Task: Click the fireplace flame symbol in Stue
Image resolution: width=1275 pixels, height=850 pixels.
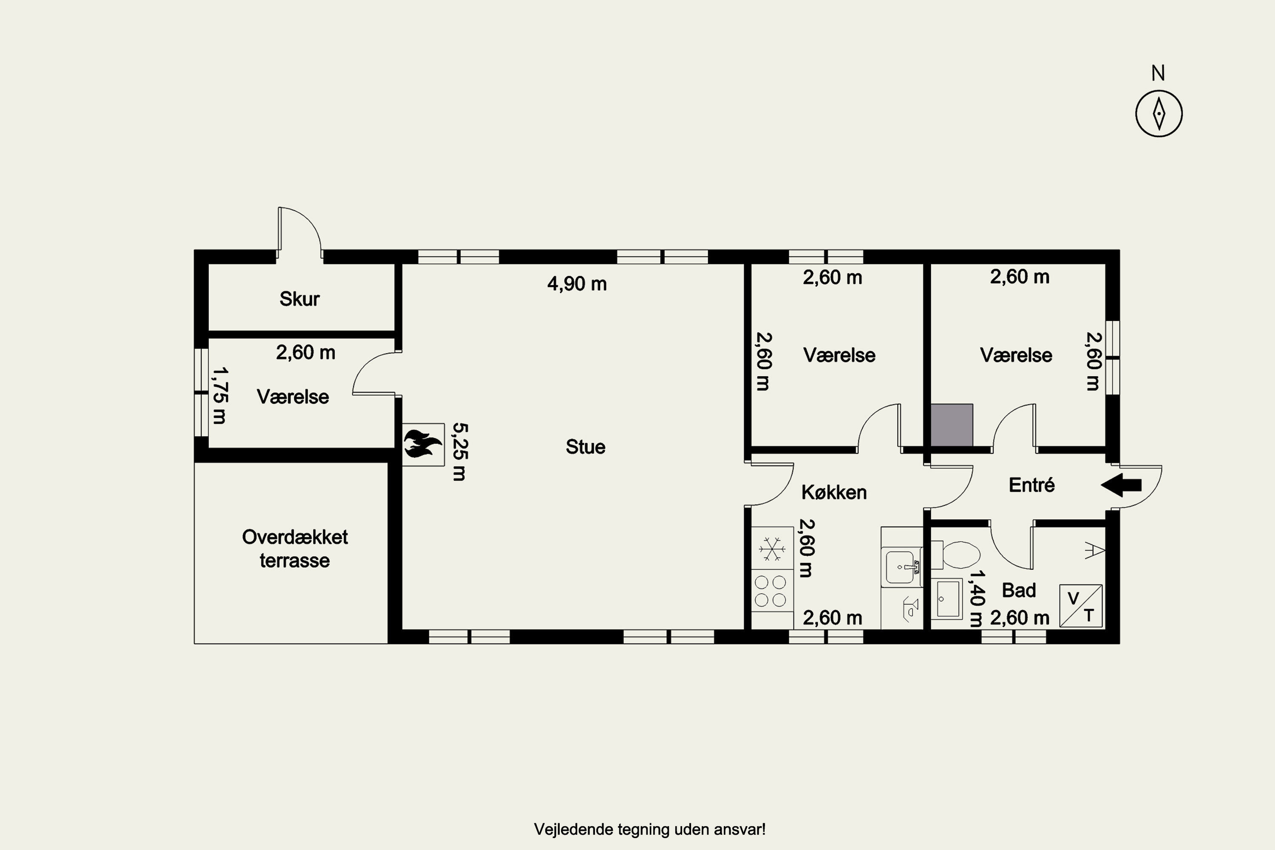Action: [x=423, y=445]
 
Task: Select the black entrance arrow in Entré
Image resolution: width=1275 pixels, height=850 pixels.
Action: [x=1121, y=485]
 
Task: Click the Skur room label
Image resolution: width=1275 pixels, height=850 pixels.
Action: [x=299, y=299]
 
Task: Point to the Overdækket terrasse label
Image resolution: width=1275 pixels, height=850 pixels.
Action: [x=295, y=549]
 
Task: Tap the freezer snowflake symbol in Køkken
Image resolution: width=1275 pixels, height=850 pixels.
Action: [x=772, y=549]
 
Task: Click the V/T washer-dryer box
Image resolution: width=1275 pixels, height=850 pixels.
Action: [x=1081, y=606]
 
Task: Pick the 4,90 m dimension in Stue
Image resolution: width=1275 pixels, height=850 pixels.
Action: [x=577, y=283]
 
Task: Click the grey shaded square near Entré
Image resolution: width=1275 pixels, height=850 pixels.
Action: [x=952, y=425]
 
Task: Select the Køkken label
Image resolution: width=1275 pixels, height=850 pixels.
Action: [x=834, y=492]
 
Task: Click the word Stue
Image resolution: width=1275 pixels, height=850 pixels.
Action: [x=586, y=447]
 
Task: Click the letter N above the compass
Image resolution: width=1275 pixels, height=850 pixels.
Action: [x=1158, y=73]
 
